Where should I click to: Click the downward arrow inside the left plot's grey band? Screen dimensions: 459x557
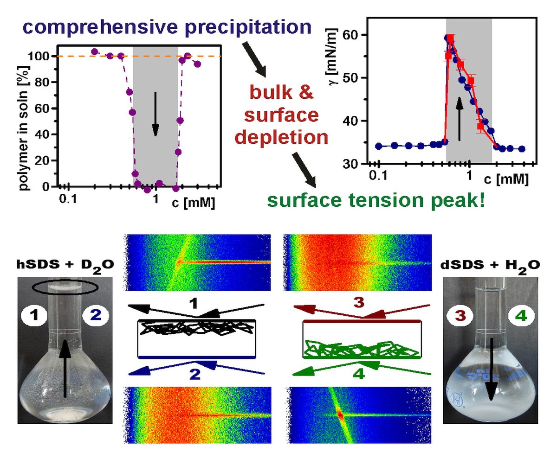[155, 114]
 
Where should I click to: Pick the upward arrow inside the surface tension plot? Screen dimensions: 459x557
[459, 118]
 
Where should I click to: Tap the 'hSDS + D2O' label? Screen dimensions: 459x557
[65, 266]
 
